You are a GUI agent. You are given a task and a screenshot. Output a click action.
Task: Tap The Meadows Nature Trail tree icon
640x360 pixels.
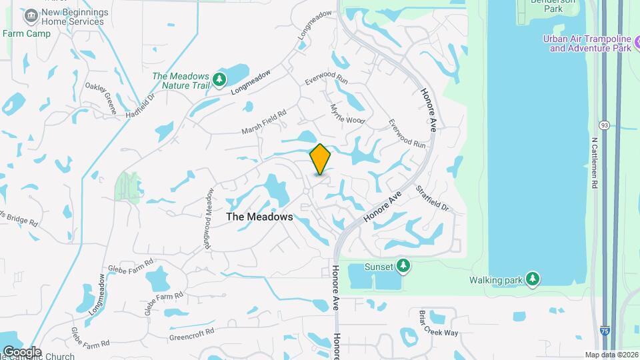coord(219,81)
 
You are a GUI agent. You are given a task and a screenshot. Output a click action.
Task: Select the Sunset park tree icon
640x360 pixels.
coord(403,267)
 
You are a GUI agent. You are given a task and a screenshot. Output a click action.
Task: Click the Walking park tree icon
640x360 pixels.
coord(532,279)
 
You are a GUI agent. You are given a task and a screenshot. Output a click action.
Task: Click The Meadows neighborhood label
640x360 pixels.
coord(259,217)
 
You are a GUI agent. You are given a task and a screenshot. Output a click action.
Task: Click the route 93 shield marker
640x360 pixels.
coord(605,125)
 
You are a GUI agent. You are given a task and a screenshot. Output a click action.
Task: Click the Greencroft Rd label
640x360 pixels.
coord(191,331)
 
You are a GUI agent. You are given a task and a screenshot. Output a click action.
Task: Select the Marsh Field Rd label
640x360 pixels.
coord(264,120)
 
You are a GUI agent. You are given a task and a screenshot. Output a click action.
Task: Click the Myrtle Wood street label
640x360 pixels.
coord(347,114)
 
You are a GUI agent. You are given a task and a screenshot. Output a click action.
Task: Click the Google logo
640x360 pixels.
coord(21,351)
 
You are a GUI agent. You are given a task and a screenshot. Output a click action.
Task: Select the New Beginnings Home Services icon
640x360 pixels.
coord(30,15)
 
